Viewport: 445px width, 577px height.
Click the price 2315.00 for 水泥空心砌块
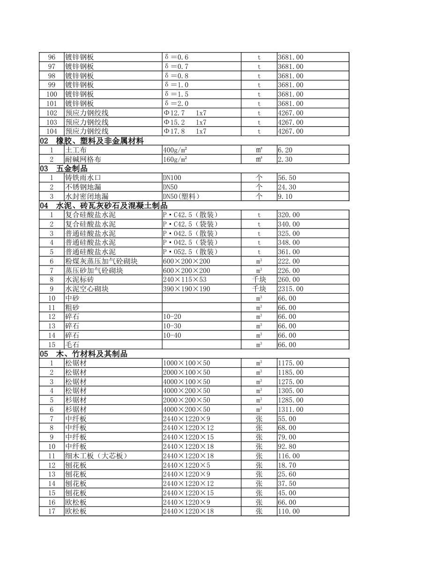pyautogui.click(x=290, y=289)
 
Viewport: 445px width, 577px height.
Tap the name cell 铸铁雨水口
pyautogui.click(x=83, y=178)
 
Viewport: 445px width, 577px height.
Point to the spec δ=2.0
pyautogui.click(x=176, y=104)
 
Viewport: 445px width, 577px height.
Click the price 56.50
pyautogui.click(x=287, y=178)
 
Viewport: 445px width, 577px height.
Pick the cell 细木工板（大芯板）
pyautogui.click(x=96, y=456)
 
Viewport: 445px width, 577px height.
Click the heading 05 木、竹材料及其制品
pyautogui.click(x=83, y=354)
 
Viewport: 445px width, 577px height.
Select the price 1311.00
pyautogui.click(x=290, y=410)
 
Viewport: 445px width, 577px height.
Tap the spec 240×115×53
pyautogui.click(x=185, y=280)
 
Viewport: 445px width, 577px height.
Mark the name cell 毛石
pyautogui.click(x=72, y=345)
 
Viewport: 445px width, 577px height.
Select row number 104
pyautogui.click(x=52, y=131)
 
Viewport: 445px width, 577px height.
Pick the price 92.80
pyautogui.click(x=287, y=447)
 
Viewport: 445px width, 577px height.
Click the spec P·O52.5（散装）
pyautogui.click(x=191, y=252)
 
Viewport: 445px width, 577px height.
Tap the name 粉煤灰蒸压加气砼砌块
pyautogui.click(x=101, y=261)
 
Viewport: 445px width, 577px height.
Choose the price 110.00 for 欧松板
pyautogui.click(x=289, y=511)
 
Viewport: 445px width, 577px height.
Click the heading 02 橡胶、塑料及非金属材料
pyautogui.click(x=91, y=141)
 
